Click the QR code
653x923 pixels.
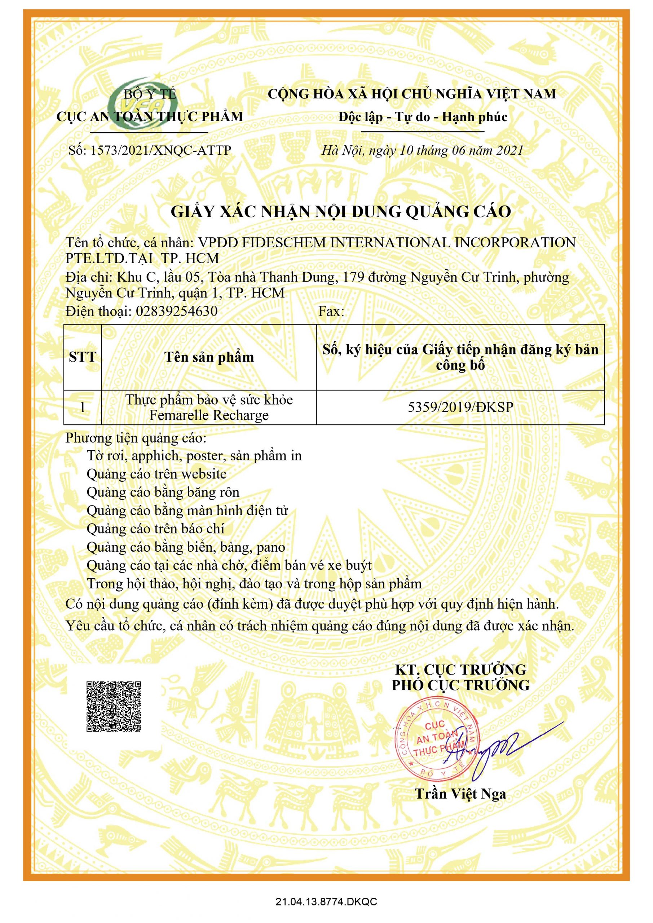tap(114, 706)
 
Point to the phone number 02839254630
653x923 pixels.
tap(177, 311)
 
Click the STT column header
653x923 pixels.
tap(83, 357)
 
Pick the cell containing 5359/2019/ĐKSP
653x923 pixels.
tap(460, 407)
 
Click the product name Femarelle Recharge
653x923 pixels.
tap(209, 415)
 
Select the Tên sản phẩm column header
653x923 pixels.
tap(209, 357)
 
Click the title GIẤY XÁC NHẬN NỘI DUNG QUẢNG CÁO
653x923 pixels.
tap(341, 211)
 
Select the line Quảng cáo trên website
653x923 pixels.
tap(156, 473)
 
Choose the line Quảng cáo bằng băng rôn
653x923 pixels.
tap(163, 492)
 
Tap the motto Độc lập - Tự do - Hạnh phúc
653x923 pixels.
tap(423, 117)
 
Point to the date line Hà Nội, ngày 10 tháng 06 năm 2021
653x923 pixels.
tap(422, 150)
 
